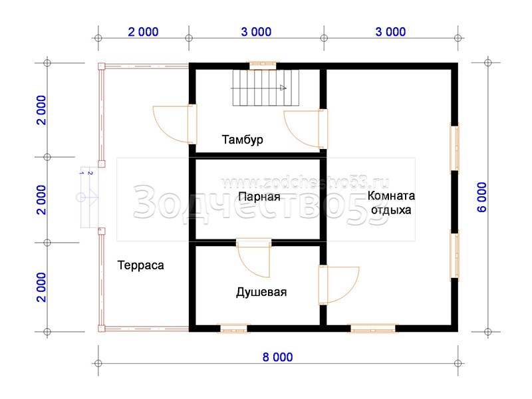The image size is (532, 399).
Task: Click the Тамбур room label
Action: [x=242, y=140]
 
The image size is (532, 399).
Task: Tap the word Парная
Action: [x=259, y=197]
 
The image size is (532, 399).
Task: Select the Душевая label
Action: [x=261, y=292]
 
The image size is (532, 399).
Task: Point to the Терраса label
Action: [x=140, y=265]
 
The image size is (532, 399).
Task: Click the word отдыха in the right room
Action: [x=391, y=210]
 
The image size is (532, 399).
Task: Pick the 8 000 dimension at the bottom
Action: [x=277, y=357]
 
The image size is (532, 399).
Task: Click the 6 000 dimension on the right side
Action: [x=481, y=198]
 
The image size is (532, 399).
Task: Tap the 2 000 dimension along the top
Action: [x=143, y=32]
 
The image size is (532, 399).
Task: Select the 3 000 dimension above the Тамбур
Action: [x=256, y=32]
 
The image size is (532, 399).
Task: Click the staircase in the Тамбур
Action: [x=265, y=88]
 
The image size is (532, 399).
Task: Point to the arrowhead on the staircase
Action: [x=283, y=88]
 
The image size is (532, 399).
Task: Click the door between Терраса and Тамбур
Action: [x=175, y=124]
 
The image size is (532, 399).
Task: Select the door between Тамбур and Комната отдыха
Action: [x=306, y=129]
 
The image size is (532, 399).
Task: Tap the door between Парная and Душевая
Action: [x=254, y=258]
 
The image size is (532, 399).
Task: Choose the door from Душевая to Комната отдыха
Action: [x=339, y=285]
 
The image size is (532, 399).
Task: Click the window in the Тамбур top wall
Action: [x=263, y=65]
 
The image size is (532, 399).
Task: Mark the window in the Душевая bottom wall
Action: [x=234, y=329]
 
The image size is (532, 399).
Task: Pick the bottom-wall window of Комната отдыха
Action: [x=373, y=329]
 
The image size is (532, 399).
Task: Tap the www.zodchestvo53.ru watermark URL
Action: [x=305, y=184]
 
